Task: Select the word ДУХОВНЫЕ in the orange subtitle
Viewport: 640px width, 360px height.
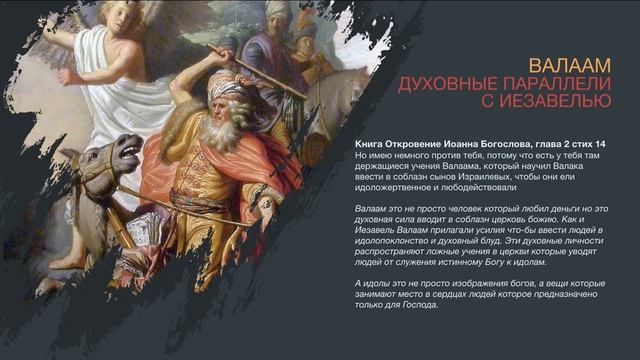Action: (x=441, y=83)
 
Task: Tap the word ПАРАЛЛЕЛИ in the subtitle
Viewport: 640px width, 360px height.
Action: (x=545, y=83)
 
